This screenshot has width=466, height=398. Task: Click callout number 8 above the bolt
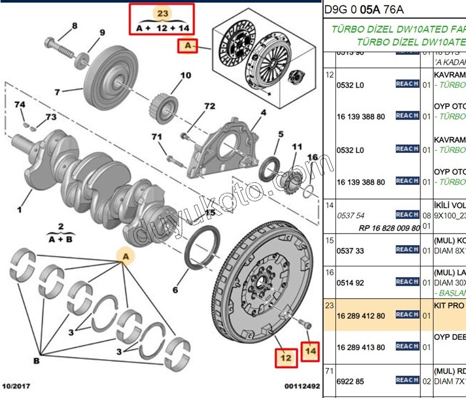pyautogui.click(x=75, y=26)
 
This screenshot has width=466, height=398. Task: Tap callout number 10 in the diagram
pyautogui.click(x=186, y=75)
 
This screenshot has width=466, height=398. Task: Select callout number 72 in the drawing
pyautogui.click(x=209, y=105)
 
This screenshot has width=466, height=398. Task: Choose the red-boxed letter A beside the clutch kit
pyautogui.click(x=188, y=47)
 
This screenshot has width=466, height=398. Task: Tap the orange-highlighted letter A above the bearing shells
pyautogui.click(x=126, y=257)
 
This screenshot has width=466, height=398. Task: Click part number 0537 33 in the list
pyautogui.click(x=351, y=250)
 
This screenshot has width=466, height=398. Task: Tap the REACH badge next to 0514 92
pyautogui.click(x=407, y=282)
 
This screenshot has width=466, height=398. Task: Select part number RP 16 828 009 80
pyautogui.click(x=389, y=228)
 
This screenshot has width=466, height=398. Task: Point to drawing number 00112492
pyautogui.click(x=302, y=386)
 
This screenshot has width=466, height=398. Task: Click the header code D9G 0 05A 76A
pyautogui.click(x=363, y=9)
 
